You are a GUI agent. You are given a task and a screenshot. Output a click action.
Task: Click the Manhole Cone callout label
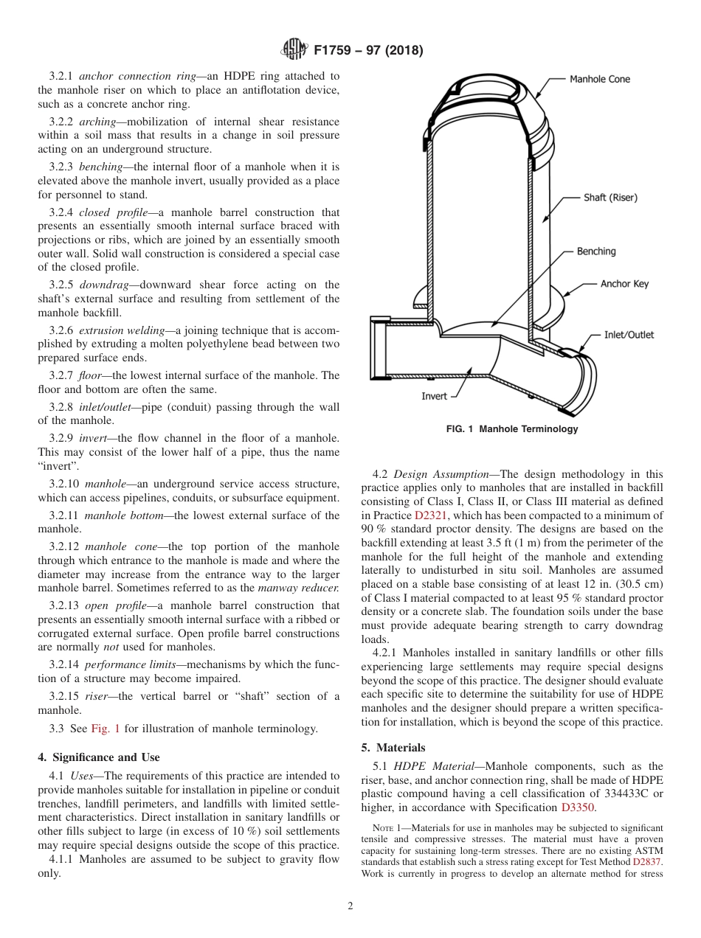600,79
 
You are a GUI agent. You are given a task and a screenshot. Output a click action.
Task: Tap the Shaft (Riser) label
610,198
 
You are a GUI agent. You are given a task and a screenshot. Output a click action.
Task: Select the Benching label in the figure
595,251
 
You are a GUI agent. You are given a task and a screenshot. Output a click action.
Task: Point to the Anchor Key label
624,284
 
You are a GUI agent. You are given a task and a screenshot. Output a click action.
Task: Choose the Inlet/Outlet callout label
629,335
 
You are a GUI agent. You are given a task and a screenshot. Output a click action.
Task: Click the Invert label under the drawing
434,396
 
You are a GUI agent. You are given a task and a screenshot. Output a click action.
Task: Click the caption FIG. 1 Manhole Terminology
512,429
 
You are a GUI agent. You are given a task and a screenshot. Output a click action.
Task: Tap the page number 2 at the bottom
350,906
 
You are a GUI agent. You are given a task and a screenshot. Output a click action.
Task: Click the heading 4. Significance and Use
99,757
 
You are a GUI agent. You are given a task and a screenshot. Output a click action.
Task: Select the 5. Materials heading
393,748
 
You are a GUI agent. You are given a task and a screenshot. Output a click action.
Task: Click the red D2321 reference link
430,515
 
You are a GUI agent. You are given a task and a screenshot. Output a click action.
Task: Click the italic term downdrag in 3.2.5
101,285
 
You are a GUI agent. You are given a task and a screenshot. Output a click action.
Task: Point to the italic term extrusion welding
121,330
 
